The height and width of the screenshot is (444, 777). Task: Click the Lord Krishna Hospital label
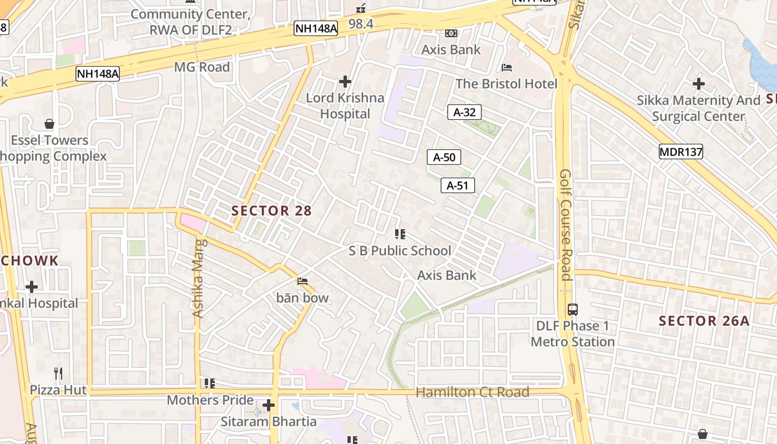click(x=345, y=106)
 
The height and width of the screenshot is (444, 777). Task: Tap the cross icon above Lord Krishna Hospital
click(x=345, y=82)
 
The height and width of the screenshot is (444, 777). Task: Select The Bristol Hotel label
click(x=506, y=84)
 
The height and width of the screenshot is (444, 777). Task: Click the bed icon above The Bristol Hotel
click(x=507, y=68)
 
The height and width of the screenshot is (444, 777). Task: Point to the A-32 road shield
click(x=465, y=112)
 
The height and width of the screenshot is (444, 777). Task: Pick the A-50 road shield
click(x=444, y=157)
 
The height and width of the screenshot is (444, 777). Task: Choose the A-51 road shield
click(x=458, y=185)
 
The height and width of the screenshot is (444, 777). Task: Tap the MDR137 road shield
click(x=681, y=152)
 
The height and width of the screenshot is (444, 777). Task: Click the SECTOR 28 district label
click(x=271, y=211)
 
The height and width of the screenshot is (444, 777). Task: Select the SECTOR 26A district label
click(x=704, y=321)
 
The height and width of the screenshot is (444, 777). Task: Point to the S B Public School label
click(x=400, y=251)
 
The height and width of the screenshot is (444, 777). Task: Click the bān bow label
click(x=302, y=298)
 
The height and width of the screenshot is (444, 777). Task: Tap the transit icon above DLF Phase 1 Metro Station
click(x=573, y=310)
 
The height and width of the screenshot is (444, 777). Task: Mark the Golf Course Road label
click(x=566, y=225)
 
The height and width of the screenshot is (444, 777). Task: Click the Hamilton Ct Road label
click(x=472, y=392)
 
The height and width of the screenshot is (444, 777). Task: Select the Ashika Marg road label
click(x=198, y=277)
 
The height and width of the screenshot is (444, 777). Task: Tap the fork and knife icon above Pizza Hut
click(x=58, y=373)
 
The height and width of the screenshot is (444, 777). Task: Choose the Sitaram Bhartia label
click(x=269, y=422)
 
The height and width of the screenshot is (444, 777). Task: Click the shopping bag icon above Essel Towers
click(x=49, y=124)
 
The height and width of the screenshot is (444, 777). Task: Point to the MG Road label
click(x=201, y=67)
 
